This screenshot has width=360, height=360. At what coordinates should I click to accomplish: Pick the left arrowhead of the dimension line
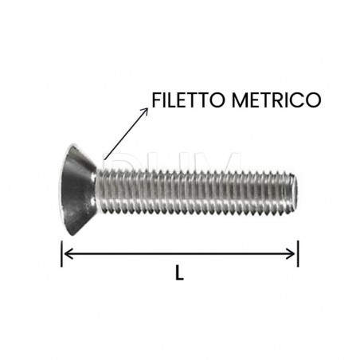point(68,254)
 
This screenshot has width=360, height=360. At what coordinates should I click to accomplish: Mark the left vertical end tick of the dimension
point(62,254)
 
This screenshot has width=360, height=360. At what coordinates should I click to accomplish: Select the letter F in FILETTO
point(155,100)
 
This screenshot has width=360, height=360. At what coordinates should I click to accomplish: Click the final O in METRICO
point(313,100)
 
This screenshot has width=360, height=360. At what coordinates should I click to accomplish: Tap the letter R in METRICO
point(276,100)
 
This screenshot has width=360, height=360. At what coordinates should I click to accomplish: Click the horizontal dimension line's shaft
point(179,254)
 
